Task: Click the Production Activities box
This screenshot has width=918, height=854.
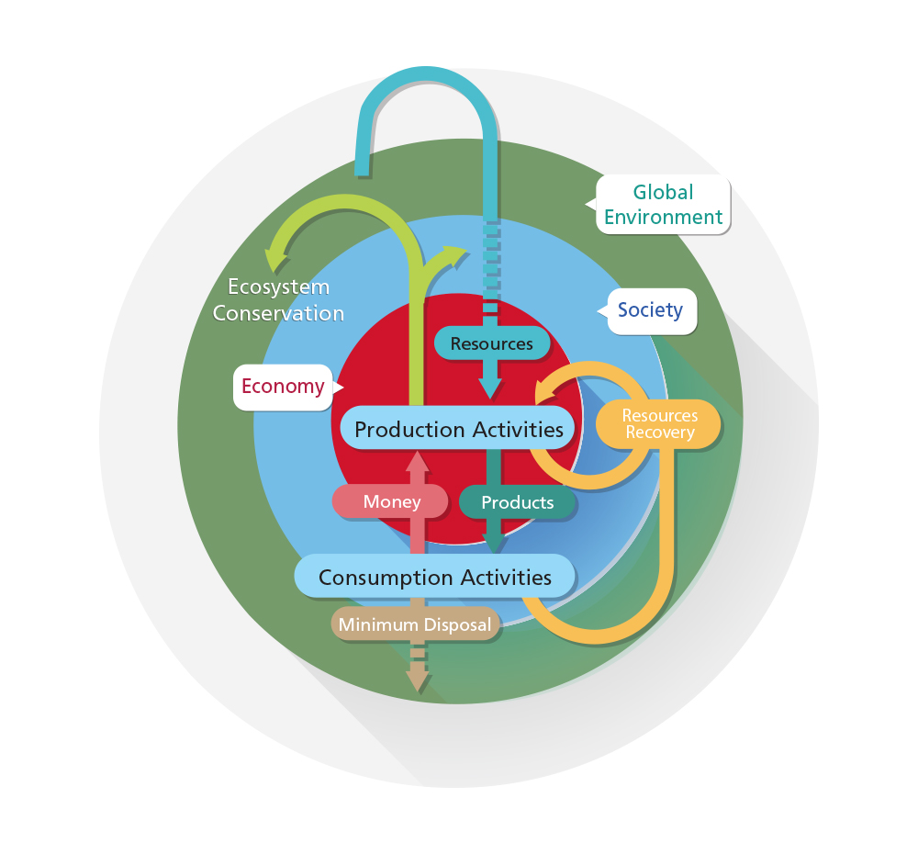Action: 458,429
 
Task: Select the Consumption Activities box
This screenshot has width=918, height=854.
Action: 434,577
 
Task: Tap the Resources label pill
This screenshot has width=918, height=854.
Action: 491,343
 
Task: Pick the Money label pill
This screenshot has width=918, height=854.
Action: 390,501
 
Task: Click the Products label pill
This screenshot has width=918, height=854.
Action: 517,502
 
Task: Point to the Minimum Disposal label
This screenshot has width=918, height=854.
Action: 415,625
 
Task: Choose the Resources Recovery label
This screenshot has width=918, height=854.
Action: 659,424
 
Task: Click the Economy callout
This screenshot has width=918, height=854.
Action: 283,386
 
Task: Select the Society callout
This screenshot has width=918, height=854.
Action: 650,310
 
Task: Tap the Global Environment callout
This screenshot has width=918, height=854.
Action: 664,205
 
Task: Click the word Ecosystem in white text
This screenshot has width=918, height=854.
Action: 278,287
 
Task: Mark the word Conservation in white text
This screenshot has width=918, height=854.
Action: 278,313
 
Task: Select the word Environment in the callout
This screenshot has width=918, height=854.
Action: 664,218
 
